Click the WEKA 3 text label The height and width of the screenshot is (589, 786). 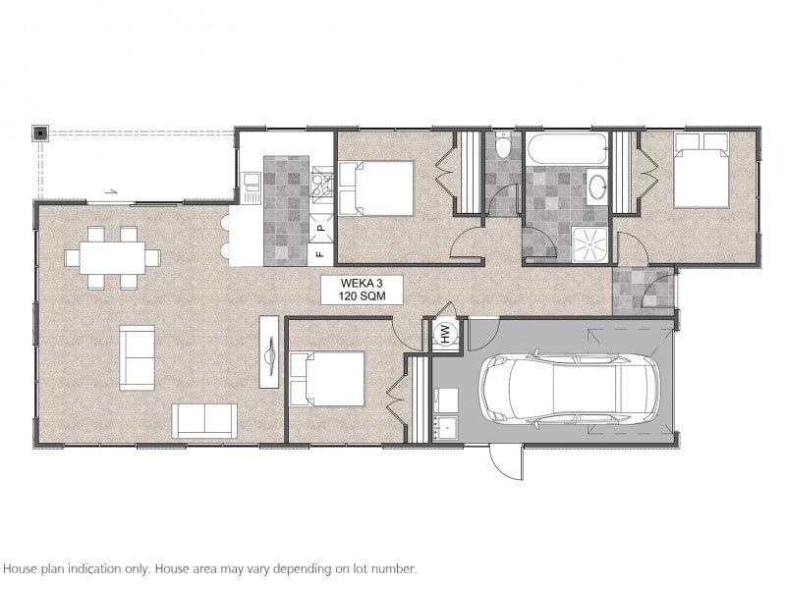362,283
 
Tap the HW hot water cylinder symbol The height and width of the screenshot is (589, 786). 445,334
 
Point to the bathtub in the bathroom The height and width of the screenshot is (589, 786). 566,148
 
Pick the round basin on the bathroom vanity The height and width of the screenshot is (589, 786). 596,187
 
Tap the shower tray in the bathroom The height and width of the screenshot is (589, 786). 589,243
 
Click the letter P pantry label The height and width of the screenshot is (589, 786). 321,228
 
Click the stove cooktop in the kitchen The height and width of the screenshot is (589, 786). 322,185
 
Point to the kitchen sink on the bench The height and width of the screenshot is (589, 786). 251,187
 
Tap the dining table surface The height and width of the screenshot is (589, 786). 112,258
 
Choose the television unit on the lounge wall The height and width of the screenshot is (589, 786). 268,351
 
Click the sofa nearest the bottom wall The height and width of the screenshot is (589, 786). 204,421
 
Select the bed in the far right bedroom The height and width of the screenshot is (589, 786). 701,170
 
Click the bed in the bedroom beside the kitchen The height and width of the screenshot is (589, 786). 376,188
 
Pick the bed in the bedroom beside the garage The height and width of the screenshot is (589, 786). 327,379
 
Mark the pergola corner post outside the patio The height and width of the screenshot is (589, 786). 40,134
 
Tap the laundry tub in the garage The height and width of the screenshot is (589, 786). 445,428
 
